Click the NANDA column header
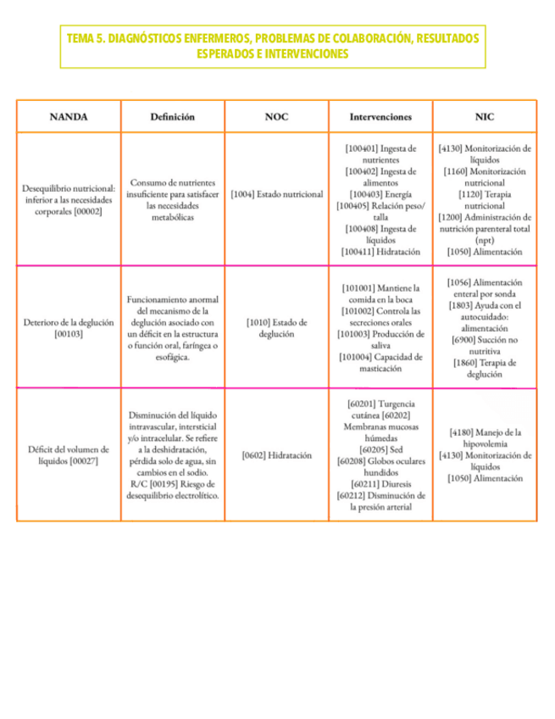coord(68,116)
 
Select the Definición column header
coord(172,116)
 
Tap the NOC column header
coord(276,116)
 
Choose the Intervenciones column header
coord(380,116)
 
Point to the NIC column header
coord(485,116)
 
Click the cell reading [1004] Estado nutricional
coord(276,194)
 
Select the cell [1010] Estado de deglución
coord(276,328)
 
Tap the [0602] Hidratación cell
coord(276,454)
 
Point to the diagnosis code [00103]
coord(68,335)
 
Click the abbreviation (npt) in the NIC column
coord(485,241)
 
